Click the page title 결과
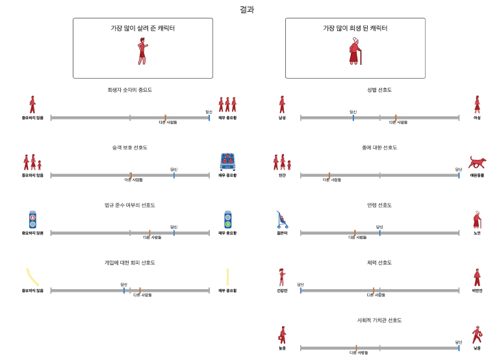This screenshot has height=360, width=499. coord(246,9)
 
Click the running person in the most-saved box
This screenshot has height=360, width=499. coord(142,51)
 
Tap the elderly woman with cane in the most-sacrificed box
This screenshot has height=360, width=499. coord(355,51)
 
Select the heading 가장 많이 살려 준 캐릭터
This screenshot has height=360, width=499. coord(142,29)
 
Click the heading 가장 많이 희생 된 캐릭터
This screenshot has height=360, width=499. coord(355,29)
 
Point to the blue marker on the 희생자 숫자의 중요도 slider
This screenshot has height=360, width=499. coord(209,118)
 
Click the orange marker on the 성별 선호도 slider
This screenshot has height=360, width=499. coord(396,118)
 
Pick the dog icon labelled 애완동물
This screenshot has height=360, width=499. coord(477,162)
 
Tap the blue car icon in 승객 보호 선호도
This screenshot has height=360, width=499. coord(227,161)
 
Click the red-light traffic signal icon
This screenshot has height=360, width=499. coord(32,220)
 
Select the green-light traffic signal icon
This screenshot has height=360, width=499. coord(227,220)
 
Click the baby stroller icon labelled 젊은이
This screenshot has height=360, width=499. coord(282,220)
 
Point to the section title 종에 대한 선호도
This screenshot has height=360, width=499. coord(379,148)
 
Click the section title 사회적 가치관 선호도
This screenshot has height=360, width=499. coord(379,320)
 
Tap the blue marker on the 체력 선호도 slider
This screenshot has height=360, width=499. coord(301,290)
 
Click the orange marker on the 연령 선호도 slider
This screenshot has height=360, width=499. coord(355,233)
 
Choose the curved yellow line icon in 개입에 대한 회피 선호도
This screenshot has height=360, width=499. coord(32,277)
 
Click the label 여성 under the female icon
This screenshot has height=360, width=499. coord(477,118)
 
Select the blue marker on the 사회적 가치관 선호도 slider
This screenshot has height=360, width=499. coord(459,348)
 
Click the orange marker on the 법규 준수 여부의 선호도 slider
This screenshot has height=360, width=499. coord(149,233)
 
